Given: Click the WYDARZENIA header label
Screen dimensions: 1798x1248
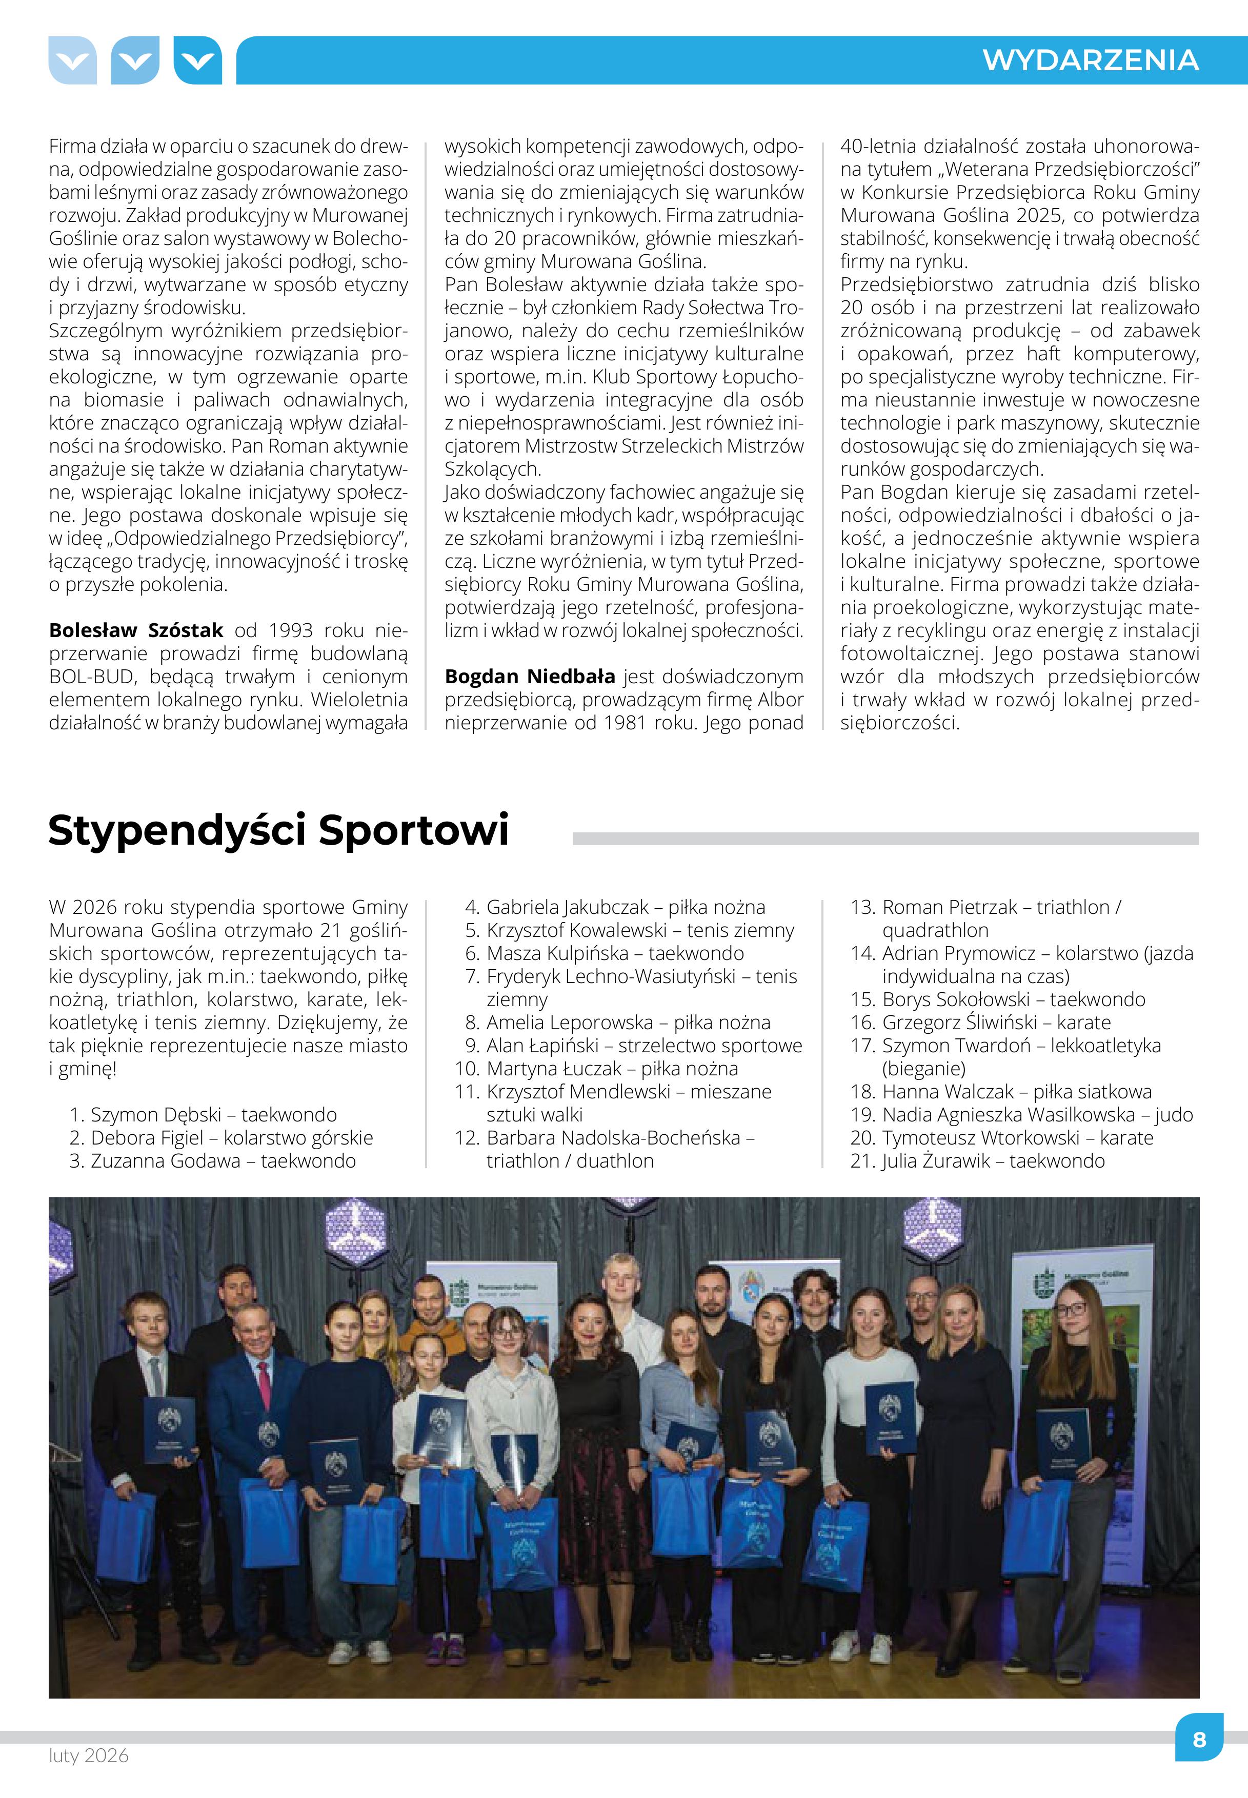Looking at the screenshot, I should [x=1090, y=60].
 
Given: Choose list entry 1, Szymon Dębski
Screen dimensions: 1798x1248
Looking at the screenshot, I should [x=204, y=1115].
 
